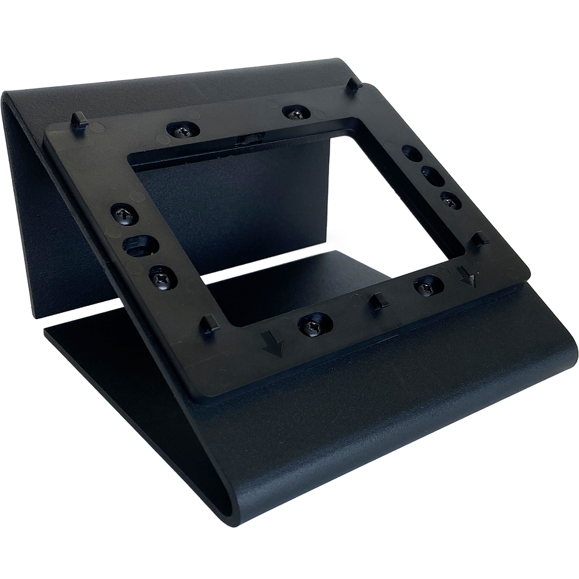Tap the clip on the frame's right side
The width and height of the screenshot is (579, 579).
[480, 238]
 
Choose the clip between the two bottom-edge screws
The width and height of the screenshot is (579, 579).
[376, 301]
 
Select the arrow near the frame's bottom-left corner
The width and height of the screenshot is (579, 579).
[273, 345]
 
